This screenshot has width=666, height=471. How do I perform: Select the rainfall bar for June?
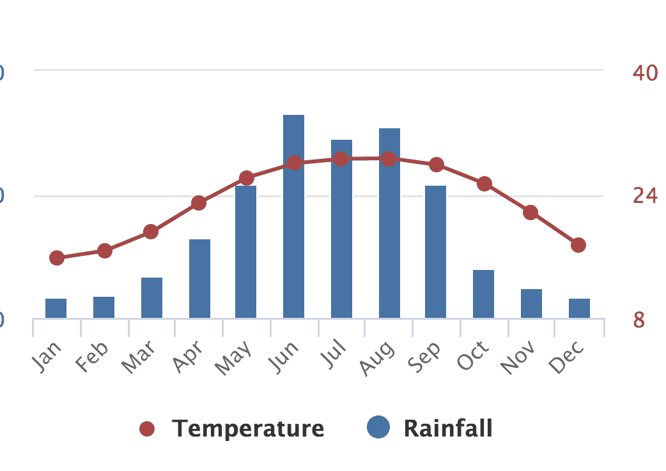point(293,217)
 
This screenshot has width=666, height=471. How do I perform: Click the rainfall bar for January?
point(56,308)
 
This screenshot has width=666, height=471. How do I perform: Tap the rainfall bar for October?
point(483,294)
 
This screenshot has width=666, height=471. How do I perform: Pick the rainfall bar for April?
point(199,278)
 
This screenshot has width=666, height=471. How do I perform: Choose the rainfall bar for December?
point(579,308)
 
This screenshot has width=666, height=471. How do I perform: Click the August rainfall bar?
point(389,223)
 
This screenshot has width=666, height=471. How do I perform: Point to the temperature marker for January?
point(57,258)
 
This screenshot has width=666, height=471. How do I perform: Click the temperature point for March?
point(151,231)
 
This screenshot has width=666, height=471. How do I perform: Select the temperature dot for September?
point(437,165)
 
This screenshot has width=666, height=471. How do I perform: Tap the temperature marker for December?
point(578,245)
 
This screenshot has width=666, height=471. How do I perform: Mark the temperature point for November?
point(530,213)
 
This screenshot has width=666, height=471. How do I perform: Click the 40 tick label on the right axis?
point(645,73)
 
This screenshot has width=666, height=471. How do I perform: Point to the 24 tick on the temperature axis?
point(645,195)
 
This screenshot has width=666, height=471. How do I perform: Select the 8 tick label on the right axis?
point(639,320)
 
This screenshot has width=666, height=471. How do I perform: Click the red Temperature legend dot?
point(148,429)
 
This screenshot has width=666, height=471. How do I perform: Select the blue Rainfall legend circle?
point(378,428)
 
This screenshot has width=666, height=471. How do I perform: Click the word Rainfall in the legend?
point(448,428)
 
